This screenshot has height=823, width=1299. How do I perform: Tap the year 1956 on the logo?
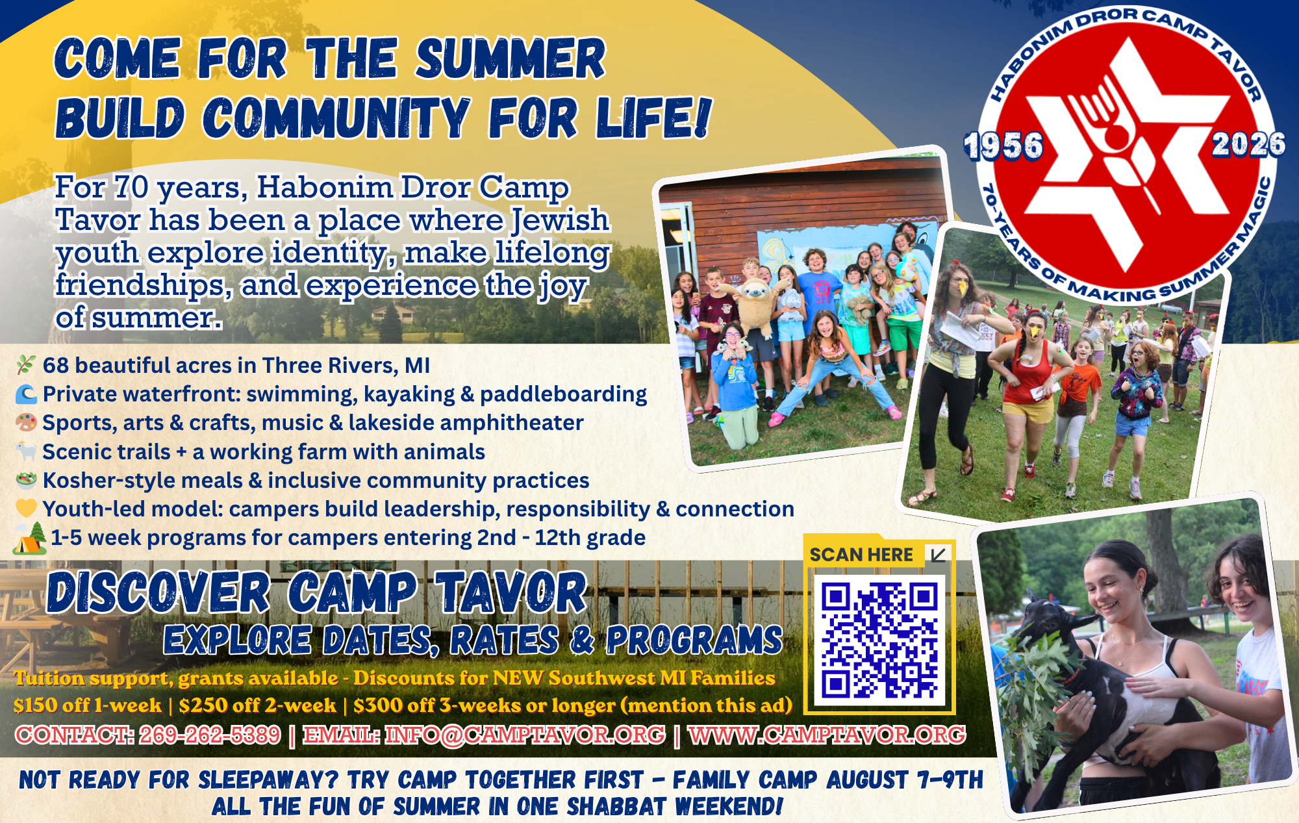pos(1003,146)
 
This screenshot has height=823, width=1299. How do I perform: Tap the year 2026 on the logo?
pos(1248,144)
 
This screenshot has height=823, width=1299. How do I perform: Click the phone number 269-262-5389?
pos(210,735)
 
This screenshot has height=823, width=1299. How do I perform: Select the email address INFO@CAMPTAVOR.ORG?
pos(525,735)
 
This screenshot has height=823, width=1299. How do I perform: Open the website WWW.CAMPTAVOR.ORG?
pos(827,735)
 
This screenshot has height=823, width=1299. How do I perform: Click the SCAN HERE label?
pos(861,555)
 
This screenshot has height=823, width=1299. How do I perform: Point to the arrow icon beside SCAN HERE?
pos(938,555)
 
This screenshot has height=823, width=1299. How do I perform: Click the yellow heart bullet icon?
pos(26,509)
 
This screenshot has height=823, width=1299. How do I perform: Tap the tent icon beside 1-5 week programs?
pos(30,538)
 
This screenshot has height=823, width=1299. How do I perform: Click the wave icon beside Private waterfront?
pos(26,394)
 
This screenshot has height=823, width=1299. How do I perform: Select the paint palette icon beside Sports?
pos(26,423)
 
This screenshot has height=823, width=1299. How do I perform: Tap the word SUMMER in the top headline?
pos(511,58)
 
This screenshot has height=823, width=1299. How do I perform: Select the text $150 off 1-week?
pos(88,705)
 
